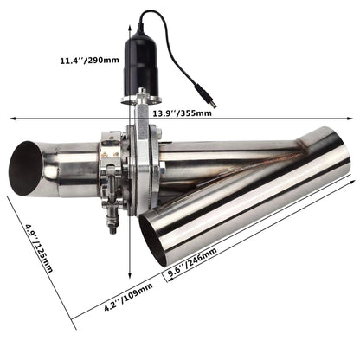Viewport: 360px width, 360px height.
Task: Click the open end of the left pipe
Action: (27, 168)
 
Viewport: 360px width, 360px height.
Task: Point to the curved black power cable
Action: (186, 52)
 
